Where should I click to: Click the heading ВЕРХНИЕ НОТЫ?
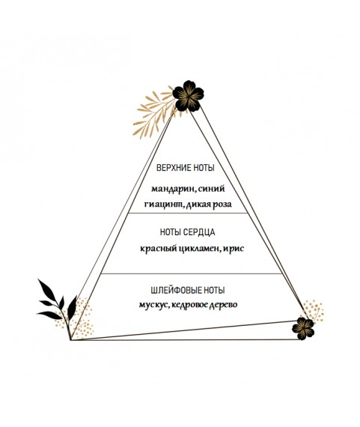coord(186,168)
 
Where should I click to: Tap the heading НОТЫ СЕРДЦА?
coord(187,232)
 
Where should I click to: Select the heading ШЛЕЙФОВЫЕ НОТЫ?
coord(188,291)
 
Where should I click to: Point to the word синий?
coord(211,189)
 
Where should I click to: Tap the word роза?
coord(222,205)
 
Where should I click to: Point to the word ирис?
coord(234,249)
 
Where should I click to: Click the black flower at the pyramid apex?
coord(188,96)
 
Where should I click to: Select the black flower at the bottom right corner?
coord(303,328)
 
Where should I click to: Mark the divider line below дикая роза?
coord(189,213)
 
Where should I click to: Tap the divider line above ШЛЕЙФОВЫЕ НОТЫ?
coord(191,273)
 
